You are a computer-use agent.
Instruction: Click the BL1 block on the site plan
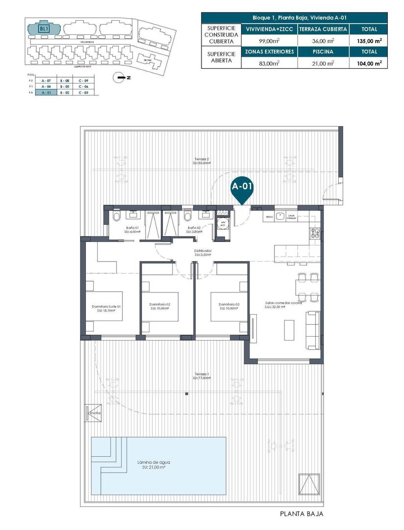point(44,28)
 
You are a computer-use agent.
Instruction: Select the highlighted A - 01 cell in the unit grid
point(47,92)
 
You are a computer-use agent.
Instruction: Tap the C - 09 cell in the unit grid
point(83,80)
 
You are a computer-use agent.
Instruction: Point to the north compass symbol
point(120,77)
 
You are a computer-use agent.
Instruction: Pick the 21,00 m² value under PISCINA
point(323,63)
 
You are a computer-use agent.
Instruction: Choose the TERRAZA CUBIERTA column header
point(323,29)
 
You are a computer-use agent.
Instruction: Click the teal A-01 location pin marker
point(242,192)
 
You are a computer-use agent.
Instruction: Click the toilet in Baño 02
point(186,216)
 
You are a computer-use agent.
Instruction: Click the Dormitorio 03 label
point(229,306)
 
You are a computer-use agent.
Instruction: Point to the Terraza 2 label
point(201,160)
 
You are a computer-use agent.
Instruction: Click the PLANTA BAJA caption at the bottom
point(301,514)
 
